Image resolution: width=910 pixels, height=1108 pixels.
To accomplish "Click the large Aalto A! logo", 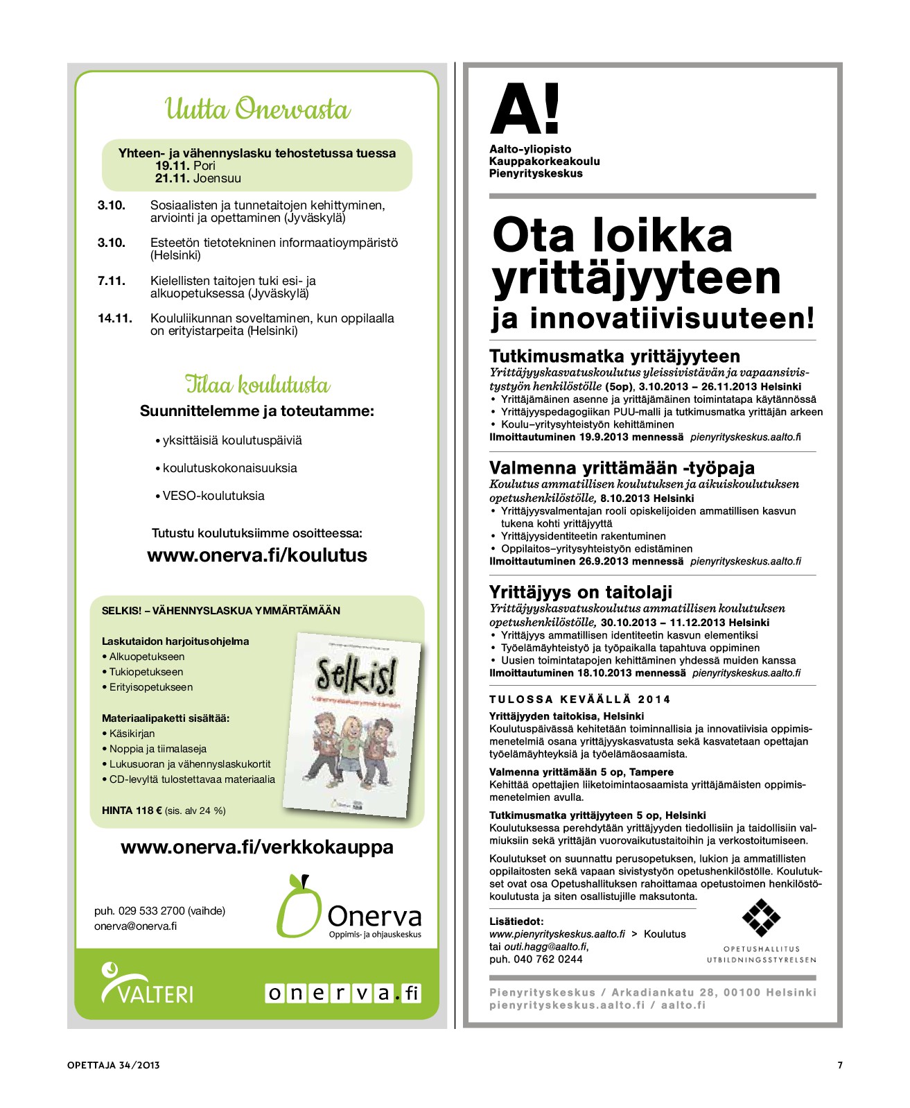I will click(525, 109).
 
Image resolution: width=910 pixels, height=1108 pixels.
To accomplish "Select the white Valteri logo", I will click(147, 984).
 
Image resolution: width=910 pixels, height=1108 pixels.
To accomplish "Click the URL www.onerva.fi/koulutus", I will click(257, 555).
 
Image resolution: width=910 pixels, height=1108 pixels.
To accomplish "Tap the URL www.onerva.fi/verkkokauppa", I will click(257, 847).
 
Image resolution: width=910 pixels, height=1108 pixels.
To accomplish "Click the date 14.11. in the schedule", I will click(115, 318).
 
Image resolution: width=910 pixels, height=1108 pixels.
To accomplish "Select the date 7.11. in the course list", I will click(112, 281).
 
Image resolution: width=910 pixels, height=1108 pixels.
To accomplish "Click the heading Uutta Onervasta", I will click(257, 110).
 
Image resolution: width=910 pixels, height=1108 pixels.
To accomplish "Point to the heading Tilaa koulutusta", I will click(257, 384).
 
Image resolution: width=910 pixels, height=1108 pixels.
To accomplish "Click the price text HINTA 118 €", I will click(132, 811).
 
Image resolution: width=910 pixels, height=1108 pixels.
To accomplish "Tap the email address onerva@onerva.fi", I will click(136, 926).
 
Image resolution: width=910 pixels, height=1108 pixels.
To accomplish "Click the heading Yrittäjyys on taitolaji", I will click(581, 592).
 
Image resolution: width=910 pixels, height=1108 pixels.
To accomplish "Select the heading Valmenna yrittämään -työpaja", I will click(622, 467).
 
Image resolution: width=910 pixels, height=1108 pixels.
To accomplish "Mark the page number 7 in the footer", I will click(840, 1065).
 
